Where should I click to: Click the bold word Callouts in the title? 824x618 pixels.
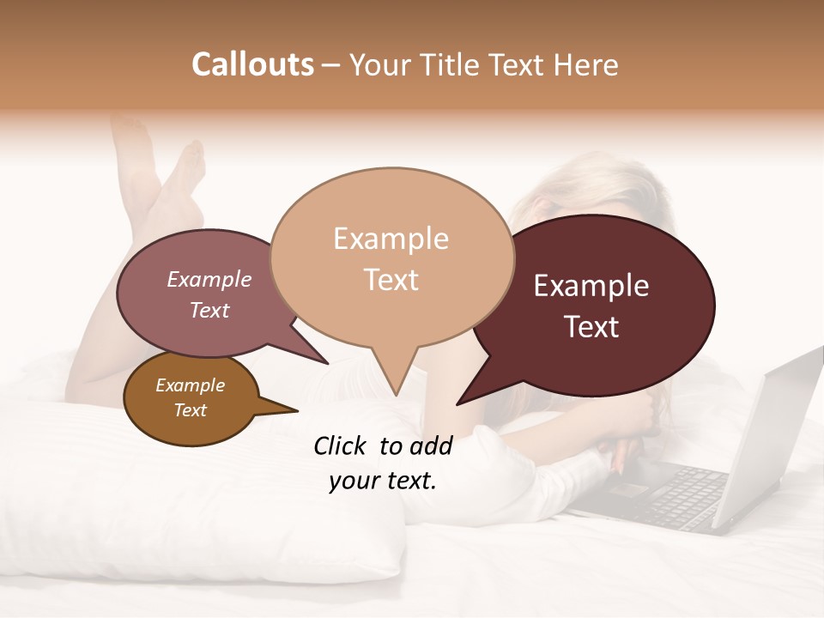click(x=252, y=64)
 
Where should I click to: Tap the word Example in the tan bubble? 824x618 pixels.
click(x=391, y=239)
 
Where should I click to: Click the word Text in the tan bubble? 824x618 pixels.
click(x=391, y=280)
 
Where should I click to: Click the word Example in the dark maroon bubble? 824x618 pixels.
click(x=591, y=286)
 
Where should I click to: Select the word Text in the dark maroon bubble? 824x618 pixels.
click(x=592, y=327)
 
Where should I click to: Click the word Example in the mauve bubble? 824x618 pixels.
click(x=209, y=280)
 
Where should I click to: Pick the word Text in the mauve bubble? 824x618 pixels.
click(x=209, y=311)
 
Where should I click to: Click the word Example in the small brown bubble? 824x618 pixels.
click(x=190, y=385)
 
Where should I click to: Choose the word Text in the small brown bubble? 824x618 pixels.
click(x=191, y=410)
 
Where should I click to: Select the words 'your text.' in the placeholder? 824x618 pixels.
click(x=383, y=481)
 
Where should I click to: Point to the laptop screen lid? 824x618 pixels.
click(x=777, y=429)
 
